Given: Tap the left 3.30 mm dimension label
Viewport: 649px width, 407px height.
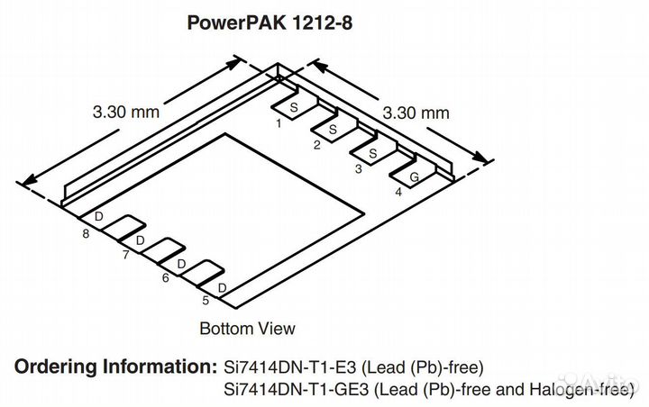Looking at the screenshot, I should (125, 113).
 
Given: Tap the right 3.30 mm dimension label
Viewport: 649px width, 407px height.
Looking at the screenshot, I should (416, 113).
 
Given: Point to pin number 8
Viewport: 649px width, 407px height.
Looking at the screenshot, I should (86, 234).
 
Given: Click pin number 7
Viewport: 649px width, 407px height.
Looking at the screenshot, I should (125, 256).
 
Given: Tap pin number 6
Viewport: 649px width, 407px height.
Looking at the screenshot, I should (165, 278).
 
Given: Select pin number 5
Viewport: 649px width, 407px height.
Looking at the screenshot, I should (205, 301).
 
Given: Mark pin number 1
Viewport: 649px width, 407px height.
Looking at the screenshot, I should (279, 123).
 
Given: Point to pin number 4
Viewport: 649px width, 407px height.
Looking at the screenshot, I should (398, 192).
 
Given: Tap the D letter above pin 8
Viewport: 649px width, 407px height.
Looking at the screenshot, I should (99, 218).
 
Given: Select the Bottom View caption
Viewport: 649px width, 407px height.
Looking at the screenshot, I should (247, 328).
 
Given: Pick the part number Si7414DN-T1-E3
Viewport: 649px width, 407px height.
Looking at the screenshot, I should (284, 367).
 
